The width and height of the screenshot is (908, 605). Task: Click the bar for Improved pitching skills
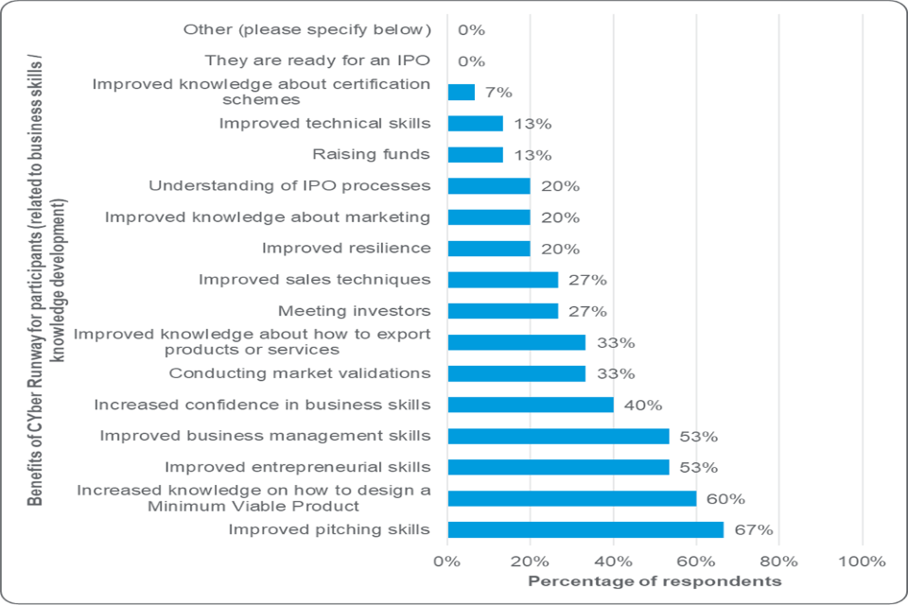click(x=585, y=529)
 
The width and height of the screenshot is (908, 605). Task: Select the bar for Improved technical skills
click(x=475, y=124)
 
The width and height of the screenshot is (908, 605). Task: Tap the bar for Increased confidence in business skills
click(x=530, y=405)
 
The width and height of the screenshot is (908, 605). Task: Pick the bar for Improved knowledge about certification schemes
click(x=461, y=93)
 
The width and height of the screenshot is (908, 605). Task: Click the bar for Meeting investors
click(x=502, y=311)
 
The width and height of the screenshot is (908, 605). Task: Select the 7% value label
click(x=498, y=93)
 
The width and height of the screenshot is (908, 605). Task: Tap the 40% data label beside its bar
click(x=642, y=405)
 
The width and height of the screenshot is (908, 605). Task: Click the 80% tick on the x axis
click(x=778, y=561)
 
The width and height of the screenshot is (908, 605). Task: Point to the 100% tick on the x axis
click(x=862, y=561)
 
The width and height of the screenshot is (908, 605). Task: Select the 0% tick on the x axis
click(x=447, y=561)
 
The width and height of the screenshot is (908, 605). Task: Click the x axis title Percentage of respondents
click(x=654, y=579)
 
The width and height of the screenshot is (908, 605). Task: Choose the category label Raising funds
click(x=371, y=155)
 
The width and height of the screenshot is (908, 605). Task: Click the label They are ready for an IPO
click(x=318, y=61)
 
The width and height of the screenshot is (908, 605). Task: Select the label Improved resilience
click(x=346, y=249)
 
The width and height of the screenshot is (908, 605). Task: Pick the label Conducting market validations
click(x=300, y=373)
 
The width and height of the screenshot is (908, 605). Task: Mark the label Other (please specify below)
click(x=306, y=30)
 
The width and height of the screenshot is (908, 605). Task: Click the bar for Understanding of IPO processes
click(x=488, y=186)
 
